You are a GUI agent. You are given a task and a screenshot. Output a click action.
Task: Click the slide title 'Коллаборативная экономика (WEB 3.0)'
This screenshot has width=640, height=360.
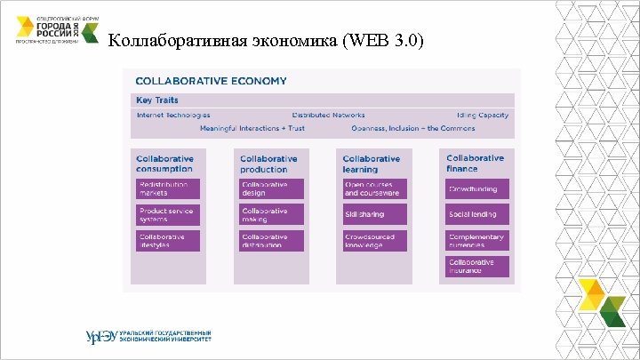266,42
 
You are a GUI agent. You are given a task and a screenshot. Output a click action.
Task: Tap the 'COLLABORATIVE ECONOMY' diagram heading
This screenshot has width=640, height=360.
211,81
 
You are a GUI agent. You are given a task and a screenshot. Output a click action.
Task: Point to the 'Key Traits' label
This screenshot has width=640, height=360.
156,100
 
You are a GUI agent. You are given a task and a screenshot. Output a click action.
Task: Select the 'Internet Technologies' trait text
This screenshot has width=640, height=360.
173,115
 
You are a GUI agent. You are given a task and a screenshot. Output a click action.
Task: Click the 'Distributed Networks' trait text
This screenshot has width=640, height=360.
323,115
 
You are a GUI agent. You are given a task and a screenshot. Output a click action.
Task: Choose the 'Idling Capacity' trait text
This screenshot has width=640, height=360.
483,115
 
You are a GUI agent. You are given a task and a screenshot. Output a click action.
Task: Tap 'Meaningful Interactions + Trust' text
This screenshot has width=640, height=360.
252,128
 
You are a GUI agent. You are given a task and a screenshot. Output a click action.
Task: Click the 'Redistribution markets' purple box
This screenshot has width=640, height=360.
168,188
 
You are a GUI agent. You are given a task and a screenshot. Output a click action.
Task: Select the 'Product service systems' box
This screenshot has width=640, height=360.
168,214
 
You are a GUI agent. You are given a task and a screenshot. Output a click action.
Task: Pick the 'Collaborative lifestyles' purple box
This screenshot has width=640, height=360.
168,241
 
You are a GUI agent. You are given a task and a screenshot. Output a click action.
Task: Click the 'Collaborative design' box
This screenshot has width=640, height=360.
271,188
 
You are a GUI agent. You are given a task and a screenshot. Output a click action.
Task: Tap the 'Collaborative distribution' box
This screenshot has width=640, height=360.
271,241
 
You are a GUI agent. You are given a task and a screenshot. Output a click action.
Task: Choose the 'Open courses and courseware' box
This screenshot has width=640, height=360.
374,188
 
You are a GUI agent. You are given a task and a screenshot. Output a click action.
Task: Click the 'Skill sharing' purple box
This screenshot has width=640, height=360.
374,214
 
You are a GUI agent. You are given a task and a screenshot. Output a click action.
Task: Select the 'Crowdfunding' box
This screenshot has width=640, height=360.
477,188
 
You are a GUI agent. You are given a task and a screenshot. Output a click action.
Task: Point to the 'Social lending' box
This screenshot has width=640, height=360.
477,214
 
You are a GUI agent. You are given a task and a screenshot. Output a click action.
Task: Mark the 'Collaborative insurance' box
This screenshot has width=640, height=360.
477,267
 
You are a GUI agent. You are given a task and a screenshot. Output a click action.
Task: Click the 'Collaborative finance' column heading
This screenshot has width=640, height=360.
475,163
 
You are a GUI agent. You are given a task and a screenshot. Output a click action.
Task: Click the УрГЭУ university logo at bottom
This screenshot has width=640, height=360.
148,336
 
